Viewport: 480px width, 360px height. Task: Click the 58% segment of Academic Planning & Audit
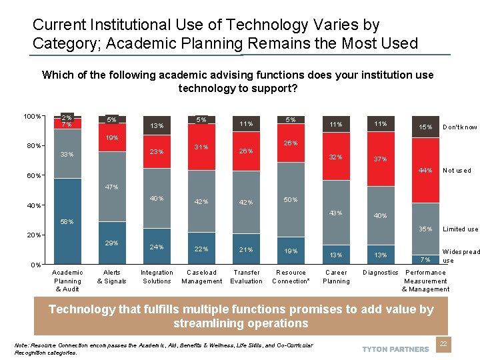(67, 221)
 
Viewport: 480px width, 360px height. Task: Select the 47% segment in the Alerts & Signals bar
(112, 187)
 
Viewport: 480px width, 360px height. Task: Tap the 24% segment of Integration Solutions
(157, 247)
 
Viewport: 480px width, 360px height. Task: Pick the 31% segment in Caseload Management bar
(201, 147)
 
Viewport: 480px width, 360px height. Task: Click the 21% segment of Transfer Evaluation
(246, 249)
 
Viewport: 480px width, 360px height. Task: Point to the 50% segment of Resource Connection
(291, 200)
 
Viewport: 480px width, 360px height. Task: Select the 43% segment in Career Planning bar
(336, 213)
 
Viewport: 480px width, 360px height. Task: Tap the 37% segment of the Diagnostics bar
(381, 159)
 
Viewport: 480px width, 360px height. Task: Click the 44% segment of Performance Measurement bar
(425, 171)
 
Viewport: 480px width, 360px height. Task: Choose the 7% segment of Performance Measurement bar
(425, 259)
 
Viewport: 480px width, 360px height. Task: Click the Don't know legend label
(460, 127)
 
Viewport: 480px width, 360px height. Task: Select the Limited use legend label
(461, 229)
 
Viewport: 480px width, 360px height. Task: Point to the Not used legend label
(457, 171)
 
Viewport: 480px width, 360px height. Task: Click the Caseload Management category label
(201, 277)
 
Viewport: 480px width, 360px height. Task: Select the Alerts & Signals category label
(112, 277)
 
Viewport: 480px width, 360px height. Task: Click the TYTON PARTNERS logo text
(395, 349)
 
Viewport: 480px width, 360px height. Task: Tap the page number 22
(443, 343)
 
